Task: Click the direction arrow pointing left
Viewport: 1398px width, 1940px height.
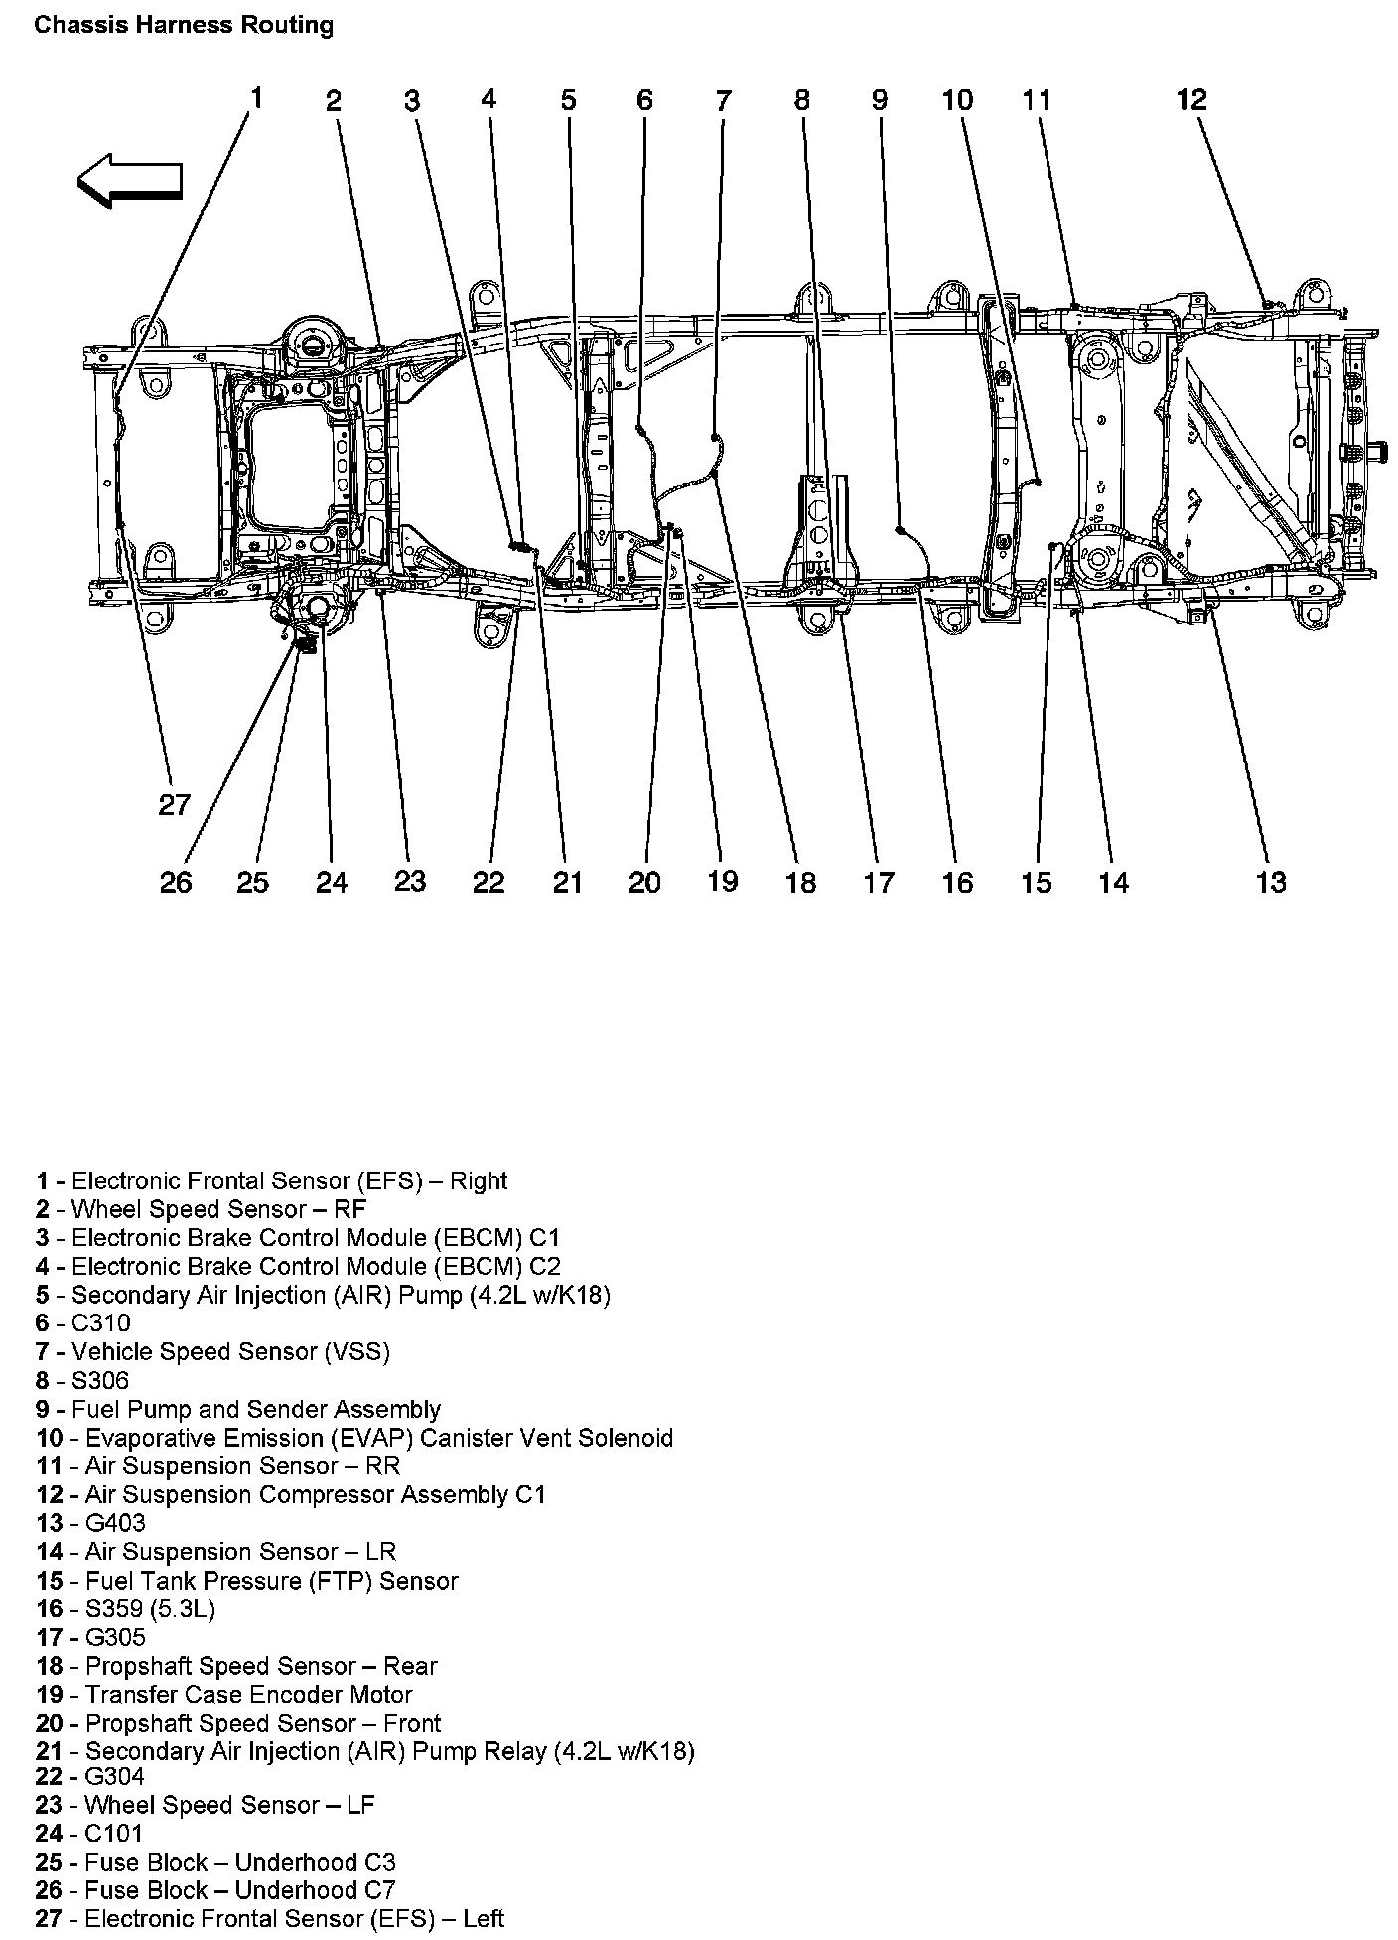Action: click(x=129, y=180)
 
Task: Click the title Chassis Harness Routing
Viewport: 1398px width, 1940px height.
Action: click(x=184, y=25)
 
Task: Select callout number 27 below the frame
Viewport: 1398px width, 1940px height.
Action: click(x=174, y=804)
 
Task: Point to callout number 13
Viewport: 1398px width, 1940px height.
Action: click(x=1271, y=882)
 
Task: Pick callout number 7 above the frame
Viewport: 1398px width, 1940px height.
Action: click(x=723, y=100)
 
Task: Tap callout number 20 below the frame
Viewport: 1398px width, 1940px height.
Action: click(x=644, y=882)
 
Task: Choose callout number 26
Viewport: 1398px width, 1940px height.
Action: click(x=176, y=882)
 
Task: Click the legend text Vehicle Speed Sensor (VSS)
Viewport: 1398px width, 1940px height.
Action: click(x=230, y=1351)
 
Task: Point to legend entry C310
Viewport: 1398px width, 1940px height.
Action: click(x=100, y=1322)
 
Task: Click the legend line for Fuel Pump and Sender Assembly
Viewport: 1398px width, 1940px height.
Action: click(x=255, y=1409)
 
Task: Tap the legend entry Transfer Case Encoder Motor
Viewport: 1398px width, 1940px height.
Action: click(x=248, y=1694)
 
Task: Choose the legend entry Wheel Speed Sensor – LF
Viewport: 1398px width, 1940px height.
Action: click(x=229, y=1805)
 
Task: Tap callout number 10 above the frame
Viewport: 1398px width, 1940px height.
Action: click(x=957, y=100)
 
